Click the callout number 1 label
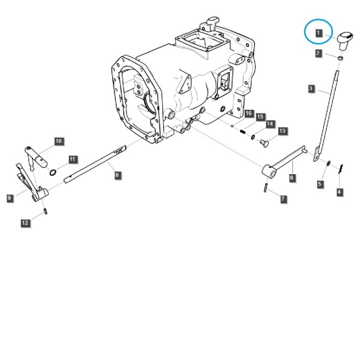(x=318, y=33)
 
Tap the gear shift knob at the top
(x=344, y=41)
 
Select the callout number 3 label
(x=311, y=89)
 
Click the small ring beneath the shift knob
(x=340, y=58)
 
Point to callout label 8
(x=117, y=175)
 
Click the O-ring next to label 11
(x=53, y=172)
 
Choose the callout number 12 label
(x=25, y=223)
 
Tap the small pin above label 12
(x=46, y=211)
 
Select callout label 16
(x=248, y=113)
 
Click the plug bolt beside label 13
(x=265, y=143)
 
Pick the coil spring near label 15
(x=243, y=131)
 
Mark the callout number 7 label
(x=283, y=199)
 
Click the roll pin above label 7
(x=266, y=188)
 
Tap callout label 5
(x=320, y=184)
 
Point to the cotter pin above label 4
(x=341, y=169)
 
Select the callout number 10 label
(x=59, y=141)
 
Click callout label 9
(x=10, y=198)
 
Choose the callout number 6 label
(x=292, y=178)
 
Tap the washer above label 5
(x=329, y=163)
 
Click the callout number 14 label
(x=270, y=124)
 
